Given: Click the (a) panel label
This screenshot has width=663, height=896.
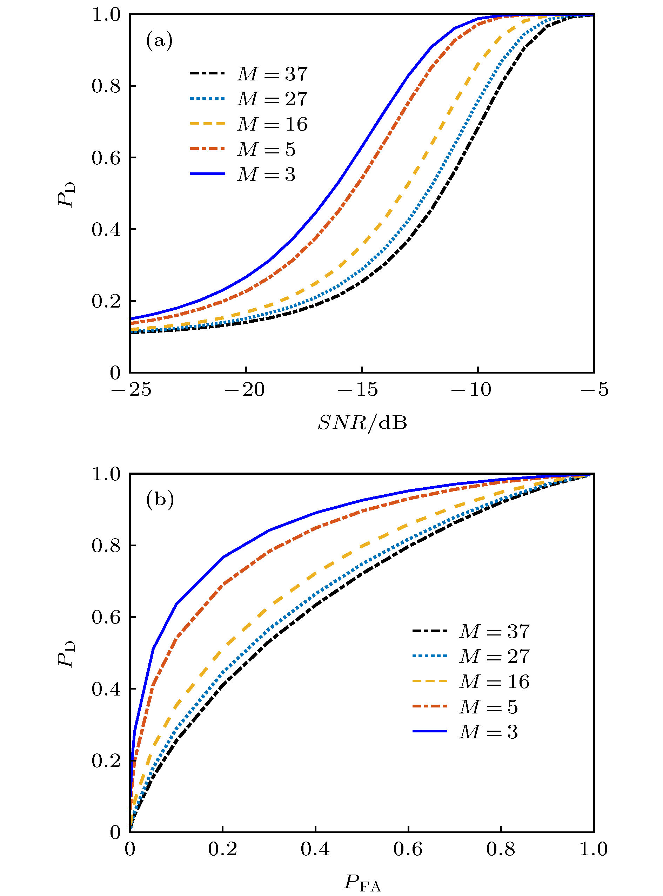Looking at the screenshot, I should click(x=159, y=41).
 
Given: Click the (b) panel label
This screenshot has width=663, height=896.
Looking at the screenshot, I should click(x=160, y=500).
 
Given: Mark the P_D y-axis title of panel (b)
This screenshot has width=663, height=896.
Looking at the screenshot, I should click(x=66, y=654).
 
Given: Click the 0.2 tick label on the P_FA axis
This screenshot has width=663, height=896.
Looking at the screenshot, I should click(x=222, y=849).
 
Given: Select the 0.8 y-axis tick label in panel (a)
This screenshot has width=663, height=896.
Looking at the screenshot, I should click(x=106, y=86).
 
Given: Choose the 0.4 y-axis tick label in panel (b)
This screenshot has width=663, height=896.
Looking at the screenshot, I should click(x=106, y=689).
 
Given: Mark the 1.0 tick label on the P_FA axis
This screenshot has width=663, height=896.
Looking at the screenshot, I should click(x=593, y=849).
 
